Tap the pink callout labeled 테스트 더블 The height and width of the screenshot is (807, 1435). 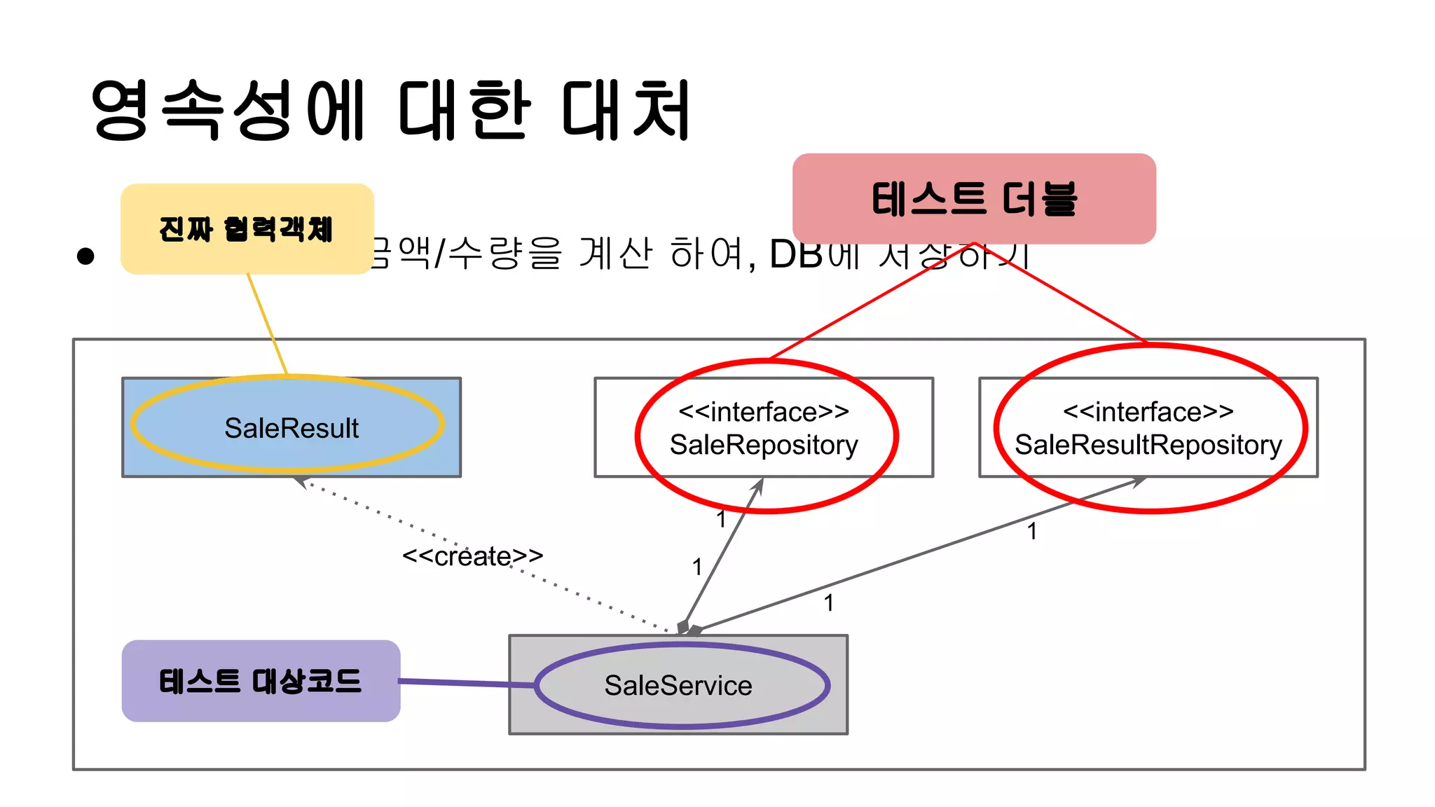tap(974, 199)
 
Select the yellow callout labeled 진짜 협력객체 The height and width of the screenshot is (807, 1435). tap(247, 229)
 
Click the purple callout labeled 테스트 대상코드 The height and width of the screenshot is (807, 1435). tap(261, 681)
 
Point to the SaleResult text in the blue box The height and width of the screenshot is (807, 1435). tap(291, 428)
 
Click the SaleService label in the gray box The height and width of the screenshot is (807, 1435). tap(678, 685)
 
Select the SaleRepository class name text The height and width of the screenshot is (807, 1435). tap(764, 445)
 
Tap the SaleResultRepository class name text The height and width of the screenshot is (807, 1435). tap(1148, 445)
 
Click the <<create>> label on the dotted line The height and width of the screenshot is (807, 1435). tap(472, 556)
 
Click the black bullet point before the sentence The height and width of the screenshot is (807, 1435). tap(85, 256)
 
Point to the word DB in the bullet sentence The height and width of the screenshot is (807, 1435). tap(796, 254)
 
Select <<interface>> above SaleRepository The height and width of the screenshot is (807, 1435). tap(764, 412)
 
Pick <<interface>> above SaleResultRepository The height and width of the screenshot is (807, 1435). tap(1148, 412)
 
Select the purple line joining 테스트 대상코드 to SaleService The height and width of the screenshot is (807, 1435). tap(466, 682)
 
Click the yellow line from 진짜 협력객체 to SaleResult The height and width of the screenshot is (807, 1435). tap(267, 324)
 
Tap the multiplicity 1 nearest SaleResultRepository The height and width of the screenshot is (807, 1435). tap(1032, 531)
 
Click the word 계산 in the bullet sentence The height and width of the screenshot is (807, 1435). tap(615, 254)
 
